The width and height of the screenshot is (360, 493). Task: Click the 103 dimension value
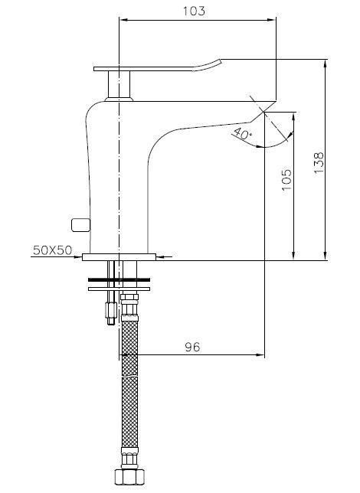pos(194,11)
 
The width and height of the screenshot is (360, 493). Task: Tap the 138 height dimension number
pos(319,162)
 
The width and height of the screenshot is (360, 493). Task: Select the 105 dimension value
pos(286,180)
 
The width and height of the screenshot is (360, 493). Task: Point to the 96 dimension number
pos(192,347)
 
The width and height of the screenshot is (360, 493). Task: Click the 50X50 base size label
pos(53,250)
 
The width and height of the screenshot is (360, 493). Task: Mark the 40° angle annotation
pos(243,133)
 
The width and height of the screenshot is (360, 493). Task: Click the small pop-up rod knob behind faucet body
pos(81,225)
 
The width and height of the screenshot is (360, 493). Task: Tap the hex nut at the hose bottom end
pos(129,476)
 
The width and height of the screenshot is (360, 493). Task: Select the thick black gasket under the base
pos(119,279)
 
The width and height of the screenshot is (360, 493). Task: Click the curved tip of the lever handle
pos(210,64)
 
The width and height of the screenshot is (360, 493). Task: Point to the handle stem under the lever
pos(119,84)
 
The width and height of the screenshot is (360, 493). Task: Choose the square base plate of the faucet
pos(119,257)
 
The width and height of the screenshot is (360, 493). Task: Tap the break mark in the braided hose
pos(129,375)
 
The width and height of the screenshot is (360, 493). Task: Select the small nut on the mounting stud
pos(112,310)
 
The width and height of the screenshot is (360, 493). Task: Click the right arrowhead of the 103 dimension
pos(272,20)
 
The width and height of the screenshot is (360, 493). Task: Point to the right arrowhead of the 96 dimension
pos(260,355)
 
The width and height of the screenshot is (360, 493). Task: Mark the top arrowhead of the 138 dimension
pos(325,64)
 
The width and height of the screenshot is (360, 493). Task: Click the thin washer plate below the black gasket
pos(119,289)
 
